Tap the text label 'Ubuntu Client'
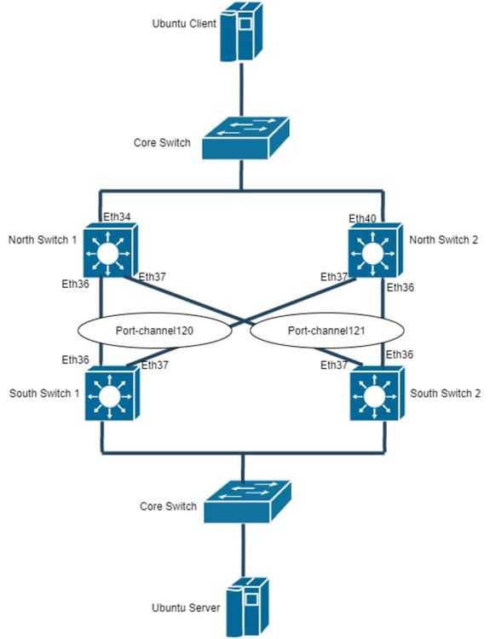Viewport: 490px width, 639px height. (x=184, y=24)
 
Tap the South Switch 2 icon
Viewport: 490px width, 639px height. (x=373, y=394)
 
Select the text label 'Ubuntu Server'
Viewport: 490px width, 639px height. (x=187, y=607)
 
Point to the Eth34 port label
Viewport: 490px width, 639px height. (x=116, y=218)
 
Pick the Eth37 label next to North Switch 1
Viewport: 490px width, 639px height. (x=153, y=276)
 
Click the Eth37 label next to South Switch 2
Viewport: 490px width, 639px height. (x=334, y=365)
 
